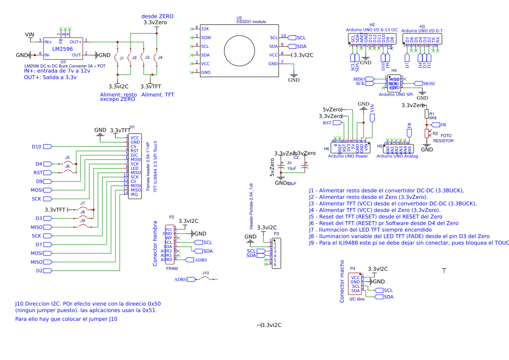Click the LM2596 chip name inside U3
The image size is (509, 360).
coord(62,49)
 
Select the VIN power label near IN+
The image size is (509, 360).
coord(30,35)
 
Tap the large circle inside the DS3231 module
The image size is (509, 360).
coord(238,50)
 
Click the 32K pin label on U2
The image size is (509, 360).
coord(206,29)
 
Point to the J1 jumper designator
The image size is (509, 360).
coord(122,58)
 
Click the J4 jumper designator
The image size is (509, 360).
coord(160,57)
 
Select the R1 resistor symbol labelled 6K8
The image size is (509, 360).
coord(427,114)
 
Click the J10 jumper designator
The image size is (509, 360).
coord(206,273)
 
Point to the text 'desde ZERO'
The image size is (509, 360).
coord(157,16)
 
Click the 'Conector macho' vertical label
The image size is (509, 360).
coord(342,282)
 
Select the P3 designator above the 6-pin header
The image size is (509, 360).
coord(276,234)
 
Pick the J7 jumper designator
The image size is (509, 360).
coord(83,203)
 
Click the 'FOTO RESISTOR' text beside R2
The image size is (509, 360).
coord(443,138)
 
